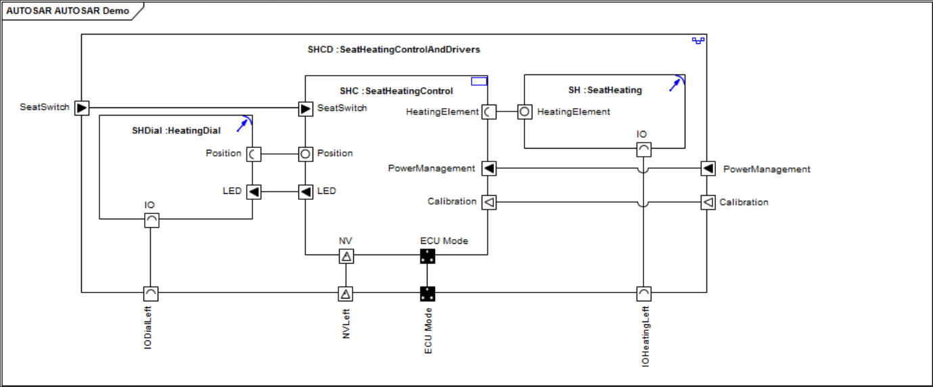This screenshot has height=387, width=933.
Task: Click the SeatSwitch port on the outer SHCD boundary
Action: [x=81, y=107]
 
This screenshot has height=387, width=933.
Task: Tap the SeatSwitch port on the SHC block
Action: [x=306, y=107]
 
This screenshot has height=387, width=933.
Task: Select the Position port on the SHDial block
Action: [x=253, y=154]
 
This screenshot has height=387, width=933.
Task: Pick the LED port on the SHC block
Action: [x=306, y=192]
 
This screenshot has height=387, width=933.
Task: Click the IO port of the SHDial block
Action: [x=152, y=220]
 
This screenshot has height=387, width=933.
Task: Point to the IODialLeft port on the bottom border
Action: [x=152, y=293]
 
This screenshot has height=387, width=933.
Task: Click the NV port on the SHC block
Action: [x=346, y=256]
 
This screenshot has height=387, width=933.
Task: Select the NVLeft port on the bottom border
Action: [x=346, y=293]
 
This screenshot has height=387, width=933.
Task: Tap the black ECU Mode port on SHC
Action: [x=427, y=256]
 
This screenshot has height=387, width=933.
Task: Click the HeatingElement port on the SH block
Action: [x=524, y=112]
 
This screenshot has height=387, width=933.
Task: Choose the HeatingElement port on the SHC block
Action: [x=488, y=112]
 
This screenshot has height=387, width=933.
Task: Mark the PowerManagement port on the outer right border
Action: [x=708, y=168]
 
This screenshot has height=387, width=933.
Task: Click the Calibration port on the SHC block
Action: [x=488, y=201]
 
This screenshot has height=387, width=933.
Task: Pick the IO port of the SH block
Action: [x=643, y=149]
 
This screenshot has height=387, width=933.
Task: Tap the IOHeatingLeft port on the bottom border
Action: [x=644, y=293]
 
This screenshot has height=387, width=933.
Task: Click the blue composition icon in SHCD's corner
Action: [x=698, y=41]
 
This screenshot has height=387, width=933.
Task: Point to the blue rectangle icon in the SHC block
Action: [x=479, y=82]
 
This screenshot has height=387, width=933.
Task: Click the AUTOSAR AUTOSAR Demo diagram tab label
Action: [x=68, y=11]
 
